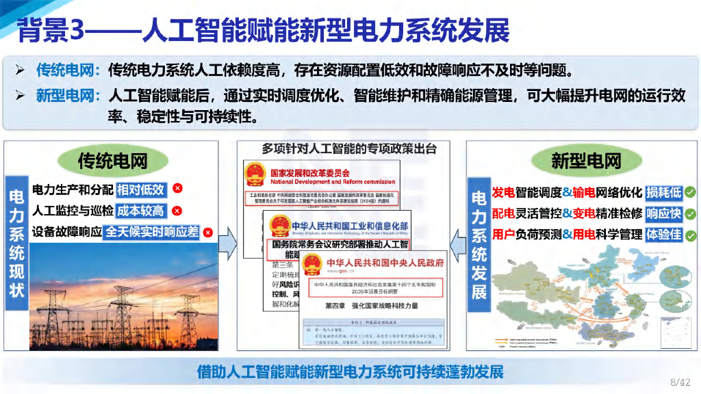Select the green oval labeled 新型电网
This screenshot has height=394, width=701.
(x=586, y=161)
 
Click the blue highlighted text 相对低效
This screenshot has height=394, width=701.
(x=141, y=189)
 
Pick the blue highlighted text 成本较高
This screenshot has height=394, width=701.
(x=141, y=211)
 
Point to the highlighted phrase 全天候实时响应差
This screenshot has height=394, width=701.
(x=152, y=232)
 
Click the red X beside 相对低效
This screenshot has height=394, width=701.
(x=177, y=189)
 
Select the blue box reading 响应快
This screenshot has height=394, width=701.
(x=664, y=213)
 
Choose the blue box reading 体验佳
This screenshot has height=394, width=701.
(x=664, y=235)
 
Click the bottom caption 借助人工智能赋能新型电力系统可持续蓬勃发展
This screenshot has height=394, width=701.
(x=350, y=373)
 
